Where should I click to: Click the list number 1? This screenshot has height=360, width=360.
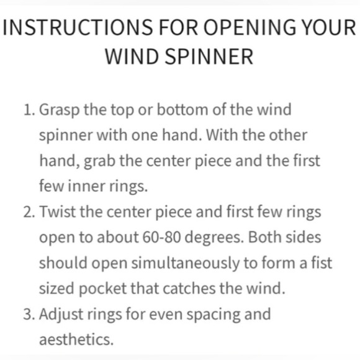coord(29,110)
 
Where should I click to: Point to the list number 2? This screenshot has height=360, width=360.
coord(29,212)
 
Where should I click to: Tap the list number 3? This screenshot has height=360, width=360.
coord(29,313)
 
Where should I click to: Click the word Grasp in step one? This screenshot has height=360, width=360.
coord(58,110)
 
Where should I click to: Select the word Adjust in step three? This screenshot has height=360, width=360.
coord(61,313)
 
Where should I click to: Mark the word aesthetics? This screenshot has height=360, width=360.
coord(76,339)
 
